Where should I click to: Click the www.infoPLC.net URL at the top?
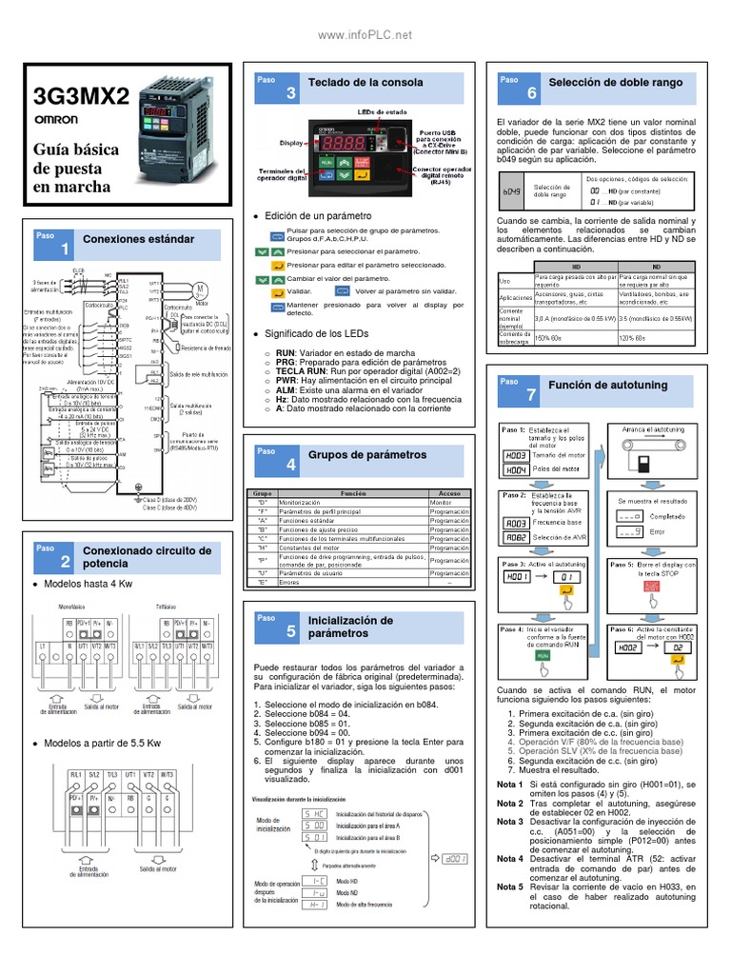(x=365, y=35)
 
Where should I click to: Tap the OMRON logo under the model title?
(x=56, y=122)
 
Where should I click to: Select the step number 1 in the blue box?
(x=65, y=249)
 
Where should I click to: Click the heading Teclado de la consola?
(x=365, y=83)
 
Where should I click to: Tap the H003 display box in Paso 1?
(x=516, y=455)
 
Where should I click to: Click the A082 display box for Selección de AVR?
(x=516, y=537)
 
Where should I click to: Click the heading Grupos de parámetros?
(x=367, y=455)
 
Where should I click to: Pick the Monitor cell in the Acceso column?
(x=441, y=502)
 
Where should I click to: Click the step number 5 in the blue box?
(x=291, y=631)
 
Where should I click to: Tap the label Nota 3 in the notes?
(x=510, y=821)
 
